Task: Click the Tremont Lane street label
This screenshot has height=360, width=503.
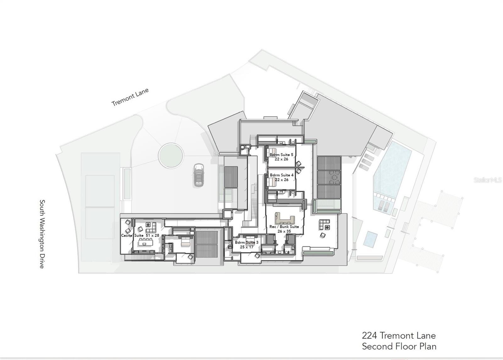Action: click(130, 97)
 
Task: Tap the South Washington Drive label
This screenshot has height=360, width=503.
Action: click(42, 234)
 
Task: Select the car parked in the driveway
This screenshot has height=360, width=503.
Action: click(199, 175)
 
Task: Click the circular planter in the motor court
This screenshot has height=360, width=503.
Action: click(171, 155)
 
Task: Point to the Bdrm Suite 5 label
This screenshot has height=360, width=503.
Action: click(281, 155)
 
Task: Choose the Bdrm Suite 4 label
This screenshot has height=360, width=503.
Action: click(282, 175)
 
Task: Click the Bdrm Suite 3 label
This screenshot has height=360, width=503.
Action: click(246, 243)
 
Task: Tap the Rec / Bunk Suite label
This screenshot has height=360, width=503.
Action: click(284, 227)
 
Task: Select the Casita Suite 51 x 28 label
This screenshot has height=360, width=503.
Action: click(140, 235)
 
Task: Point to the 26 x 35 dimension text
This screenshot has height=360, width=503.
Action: click(284, 231)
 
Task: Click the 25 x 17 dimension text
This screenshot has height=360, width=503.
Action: click(246, 247)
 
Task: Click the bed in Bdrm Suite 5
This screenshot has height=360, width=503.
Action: click(272, 153)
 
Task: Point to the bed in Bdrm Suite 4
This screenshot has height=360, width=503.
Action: click(272, 182)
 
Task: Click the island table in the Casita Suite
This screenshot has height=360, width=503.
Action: click(146, 243)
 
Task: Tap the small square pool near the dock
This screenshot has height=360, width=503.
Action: click(370, 239)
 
